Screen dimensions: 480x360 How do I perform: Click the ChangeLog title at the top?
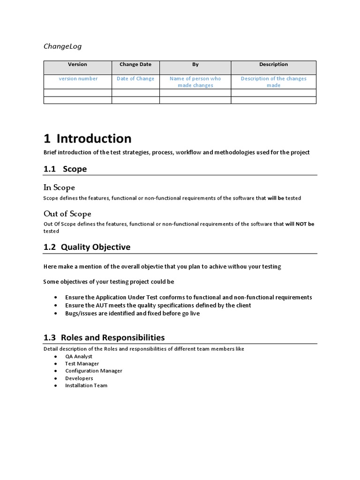point(62,46)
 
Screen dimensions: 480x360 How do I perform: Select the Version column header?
point(77,65)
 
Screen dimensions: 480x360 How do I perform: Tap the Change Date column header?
point(135,65)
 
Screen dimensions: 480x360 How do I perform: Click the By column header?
point(195,65)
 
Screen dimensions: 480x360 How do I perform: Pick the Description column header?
point(273,65)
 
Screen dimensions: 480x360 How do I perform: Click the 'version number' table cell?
point(78,79)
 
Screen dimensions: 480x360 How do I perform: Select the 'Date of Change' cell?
point(135,79)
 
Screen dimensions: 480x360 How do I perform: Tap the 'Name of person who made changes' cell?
point(195,82)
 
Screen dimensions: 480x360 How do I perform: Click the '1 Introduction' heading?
point(88,139)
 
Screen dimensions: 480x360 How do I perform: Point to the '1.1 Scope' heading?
point(65,169)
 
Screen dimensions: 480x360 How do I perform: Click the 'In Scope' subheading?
point(59,187)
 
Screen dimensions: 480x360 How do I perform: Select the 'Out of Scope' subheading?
point(67,214)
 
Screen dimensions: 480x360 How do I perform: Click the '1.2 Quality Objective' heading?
point(87,247)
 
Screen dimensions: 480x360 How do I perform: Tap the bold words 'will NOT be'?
point(300,224)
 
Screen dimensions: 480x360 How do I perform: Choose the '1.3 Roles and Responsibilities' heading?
point(104,337)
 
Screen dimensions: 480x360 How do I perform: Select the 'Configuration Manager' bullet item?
point(93,371)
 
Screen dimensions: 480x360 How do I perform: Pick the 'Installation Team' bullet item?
point(86,385)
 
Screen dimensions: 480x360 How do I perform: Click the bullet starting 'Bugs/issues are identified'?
point(132,313)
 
